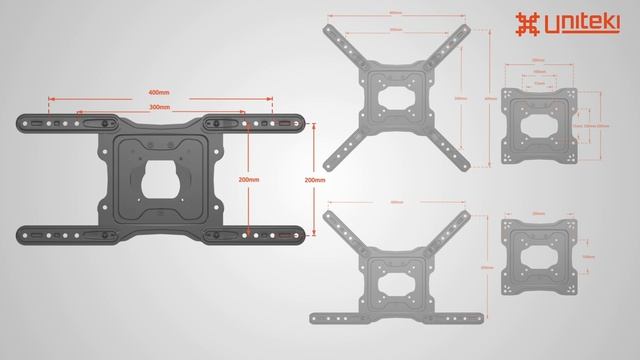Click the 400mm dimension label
(159, 94)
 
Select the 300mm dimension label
(159, 107)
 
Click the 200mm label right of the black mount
(315, 180)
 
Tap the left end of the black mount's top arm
(24, 124)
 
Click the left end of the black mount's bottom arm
(24, 237)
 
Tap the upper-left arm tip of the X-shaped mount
(327, 30)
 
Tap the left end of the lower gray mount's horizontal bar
(314, 318)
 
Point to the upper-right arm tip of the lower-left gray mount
(465, 214)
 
